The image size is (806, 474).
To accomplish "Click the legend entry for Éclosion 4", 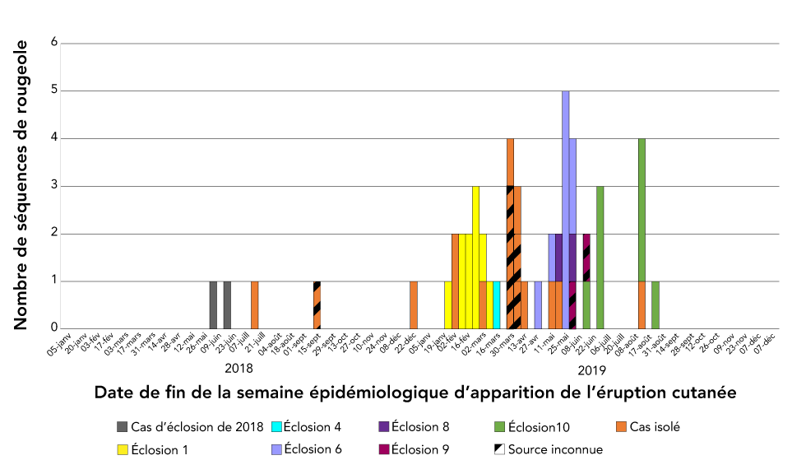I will [x=312, y=426].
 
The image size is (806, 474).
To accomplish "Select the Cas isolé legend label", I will [x=655, y=426].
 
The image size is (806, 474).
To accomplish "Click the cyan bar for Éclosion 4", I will [x=497, y=305].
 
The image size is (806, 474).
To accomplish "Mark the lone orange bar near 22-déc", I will [x=414, y=305].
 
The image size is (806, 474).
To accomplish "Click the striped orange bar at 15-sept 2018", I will [x=317, y=305].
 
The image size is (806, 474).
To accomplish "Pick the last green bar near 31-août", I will [x=655, y=305].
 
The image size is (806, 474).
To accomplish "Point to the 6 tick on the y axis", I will [x=54, y=43].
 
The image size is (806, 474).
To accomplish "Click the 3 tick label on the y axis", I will [x=54, y=186].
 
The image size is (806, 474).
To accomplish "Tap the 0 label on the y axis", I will [x=54, y=329].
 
